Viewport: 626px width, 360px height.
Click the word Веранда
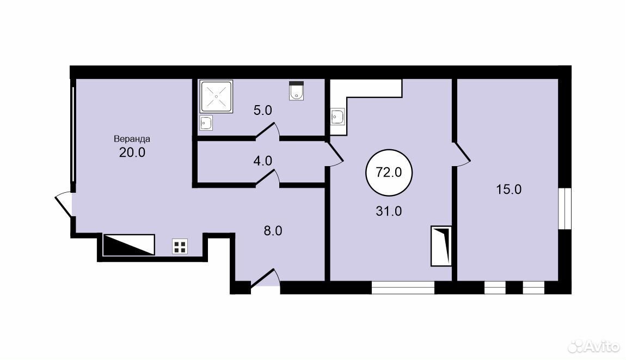tap(132, 139)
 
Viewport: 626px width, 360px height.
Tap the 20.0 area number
tap(132, 152)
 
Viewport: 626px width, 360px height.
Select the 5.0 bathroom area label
tap(263, 110)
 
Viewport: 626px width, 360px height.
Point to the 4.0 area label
tap(263, 161)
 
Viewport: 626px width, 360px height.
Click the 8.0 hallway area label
tap(273, 230)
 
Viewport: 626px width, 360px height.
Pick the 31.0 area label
tap(389, 211)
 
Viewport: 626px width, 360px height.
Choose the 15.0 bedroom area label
tap(508, 189)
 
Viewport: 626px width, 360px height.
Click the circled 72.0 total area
tap(389, 173)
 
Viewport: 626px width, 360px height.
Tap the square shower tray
tap(217, 96)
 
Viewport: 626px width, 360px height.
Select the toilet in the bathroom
tap(296, 91)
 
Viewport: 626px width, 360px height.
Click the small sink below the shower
tap(206, 123)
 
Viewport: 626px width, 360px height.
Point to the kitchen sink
tap(337, 116)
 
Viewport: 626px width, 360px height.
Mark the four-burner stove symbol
tap(180, 246)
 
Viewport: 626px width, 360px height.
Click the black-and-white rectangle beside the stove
tap(129, 245)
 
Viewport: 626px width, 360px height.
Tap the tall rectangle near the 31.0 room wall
tap(441, 246)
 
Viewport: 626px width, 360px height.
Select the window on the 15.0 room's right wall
tap(565, 208)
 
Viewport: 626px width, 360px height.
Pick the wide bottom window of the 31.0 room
tap(403, 288)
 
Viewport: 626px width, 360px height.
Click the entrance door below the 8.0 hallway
tap(265, 278)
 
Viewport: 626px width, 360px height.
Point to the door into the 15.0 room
tap(462, 154)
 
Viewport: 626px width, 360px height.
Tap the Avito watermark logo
tap(593, 346)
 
